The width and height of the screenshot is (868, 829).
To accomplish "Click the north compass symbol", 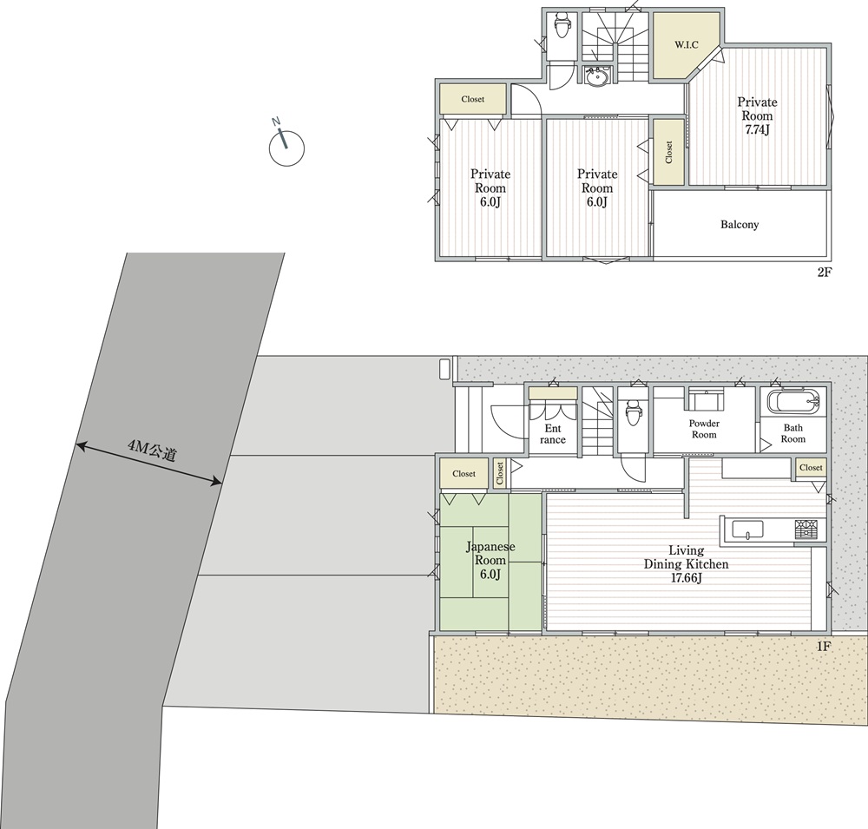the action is coord(286,146).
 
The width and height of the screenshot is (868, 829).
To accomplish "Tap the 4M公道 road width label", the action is coord(152,451).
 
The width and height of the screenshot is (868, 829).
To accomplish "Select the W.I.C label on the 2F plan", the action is coord(686,45).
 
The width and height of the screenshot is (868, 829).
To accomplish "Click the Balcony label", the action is coord(740,224).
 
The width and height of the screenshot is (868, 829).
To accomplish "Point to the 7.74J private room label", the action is coord(757,115).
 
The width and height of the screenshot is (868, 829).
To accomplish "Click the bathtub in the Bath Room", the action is coord(792,402).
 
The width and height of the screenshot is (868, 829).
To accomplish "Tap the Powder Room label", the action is coord(704,429).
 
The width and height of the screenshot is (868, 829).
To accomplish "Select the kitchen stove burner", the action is coord(806,529).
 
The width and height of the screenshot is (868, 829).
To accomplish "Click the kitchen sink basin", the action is coord(748,530).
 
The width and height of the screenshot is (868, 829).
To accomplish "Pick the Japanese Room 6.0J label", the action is coord(490,560).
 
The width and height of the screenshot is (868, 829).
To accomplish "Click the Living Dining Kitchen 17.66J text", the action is coord(686,563).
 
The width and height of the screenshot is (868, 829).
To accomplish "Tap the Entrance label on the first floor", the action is coord(552,434).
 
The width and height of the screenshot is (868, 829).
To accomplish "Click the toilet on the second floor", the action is coord(562,25).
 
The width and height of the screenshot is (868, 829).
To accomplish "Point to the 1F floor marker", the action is coord(825,646).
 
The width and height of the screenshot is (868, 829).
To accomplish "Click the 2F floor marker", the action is coord(825,272).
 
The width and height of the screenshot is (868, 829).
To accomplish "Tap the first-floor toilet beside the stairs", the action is coord(632,412).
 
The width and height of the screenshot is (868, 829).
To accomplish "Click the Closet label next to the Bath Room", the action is coord(811,467).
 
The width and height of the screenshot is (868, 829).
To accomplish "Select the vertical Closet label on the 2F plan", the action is coord(668,152).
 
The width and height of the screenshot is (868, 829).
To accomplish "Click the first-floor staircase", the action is coord(597,420).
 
